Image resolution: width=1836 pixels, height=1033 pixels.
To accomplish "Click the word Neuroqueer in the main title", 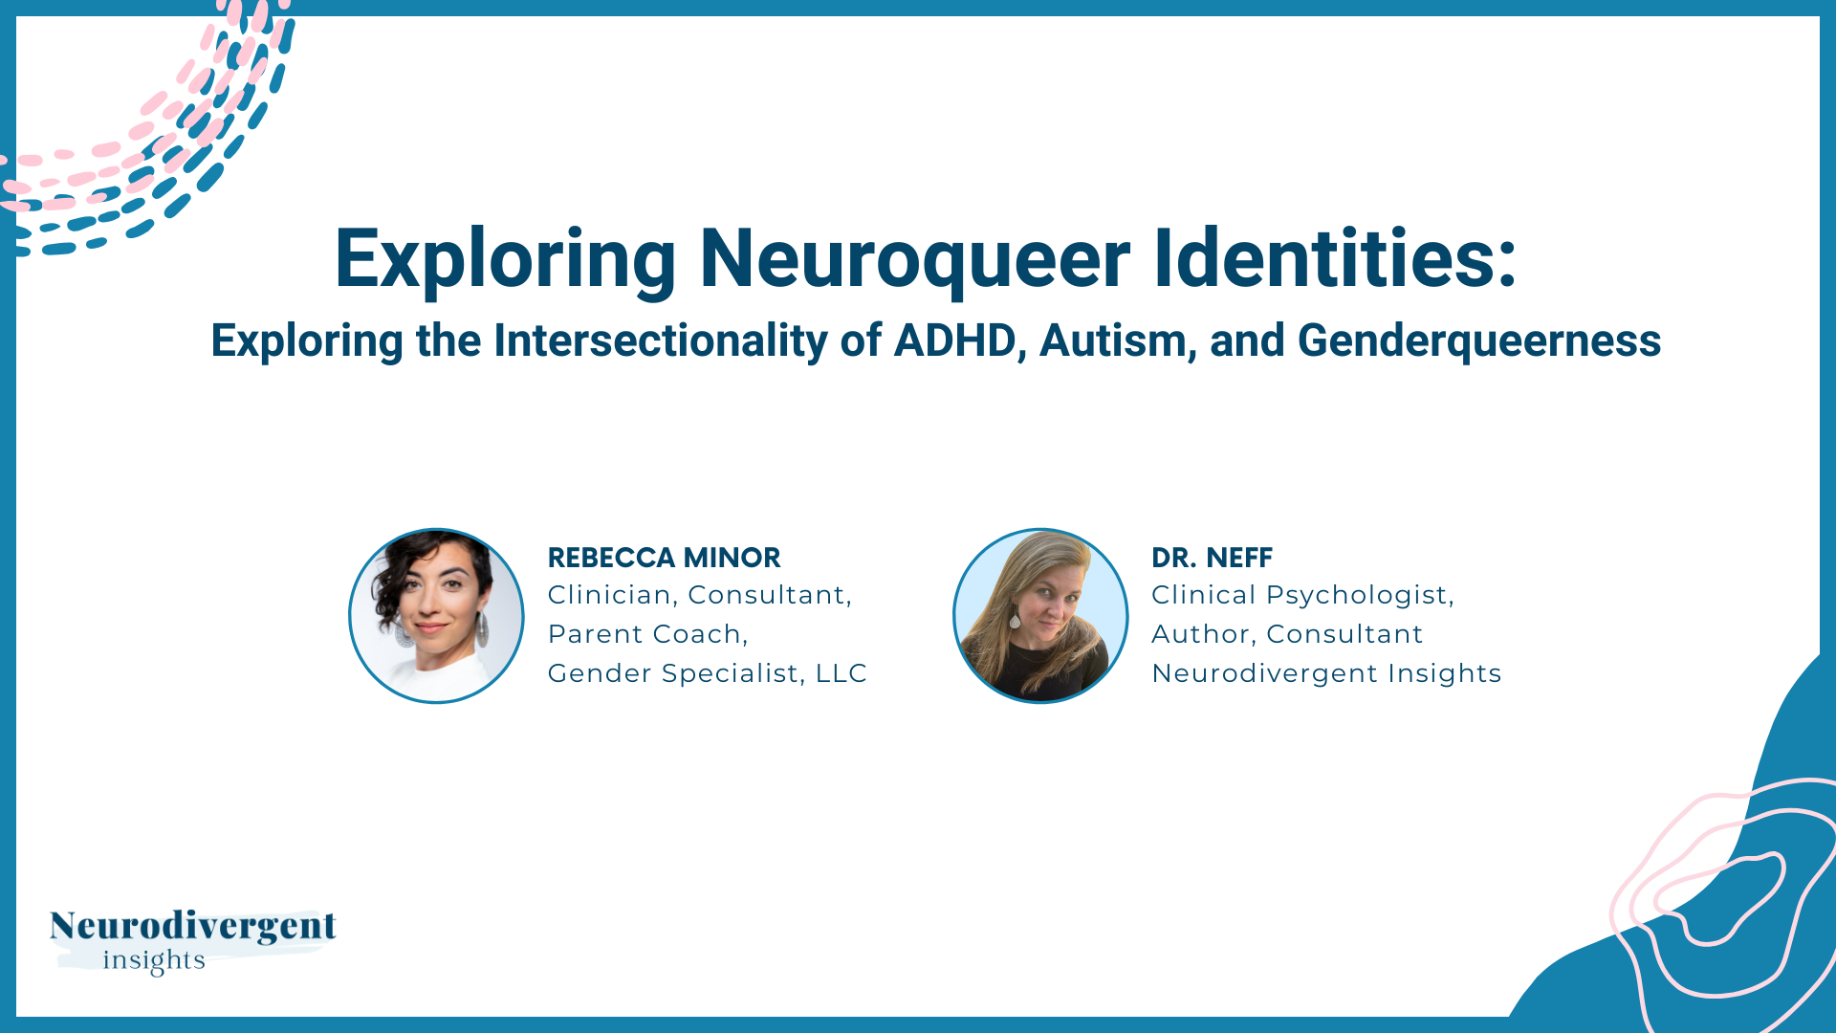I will (914, 258).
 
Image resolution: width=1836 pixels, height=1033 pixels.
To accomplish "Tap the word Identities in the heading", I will (1335, 258).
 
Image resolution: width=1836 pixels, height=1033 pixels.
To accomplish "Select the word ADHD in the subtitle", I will (953, 341).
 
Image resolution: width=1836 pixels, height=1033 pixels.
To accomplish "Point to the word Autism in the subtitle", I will (1112, 341).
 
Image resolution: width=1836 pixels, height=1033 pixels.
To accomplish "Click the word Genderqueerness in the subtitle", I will (1478, 341).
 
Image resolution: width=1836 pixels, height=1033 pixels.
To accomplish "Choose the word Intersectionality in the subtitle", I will (660, 341).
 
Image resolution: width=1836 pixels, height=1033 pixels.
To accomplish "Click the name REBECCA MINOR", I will (664, 558).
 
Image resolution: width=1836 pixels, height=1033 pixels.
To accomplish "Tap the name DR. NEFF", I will (1212, 558).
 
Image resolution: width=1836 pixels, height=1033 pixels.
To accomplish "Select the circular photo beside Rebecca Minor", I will (436, 616).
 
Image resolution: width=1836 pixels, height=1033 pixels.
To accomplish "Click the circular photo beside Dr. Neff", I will (1040, 616).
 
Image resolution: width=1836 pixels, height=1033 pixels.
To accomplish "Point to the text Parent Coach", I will (646, 634).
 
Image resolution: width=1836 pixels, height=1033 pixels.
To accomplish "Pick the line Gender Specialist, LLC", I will (707, 673).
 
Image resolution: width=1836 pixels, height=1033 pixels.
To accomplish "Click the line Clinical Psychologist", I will (1301, 595).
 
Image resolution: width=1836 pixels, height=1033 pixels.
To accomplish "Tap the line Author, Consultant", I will (1287, 634).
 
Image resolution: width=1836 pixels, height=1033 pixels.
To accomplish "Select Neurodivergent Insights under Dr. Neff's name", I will (1326, 673).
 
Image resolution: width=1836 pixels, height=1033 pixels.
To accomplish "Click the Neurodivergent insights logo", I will (192, 940).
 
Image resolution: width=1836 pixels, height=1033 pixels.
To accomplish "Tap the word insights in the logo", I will (154, 959).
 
